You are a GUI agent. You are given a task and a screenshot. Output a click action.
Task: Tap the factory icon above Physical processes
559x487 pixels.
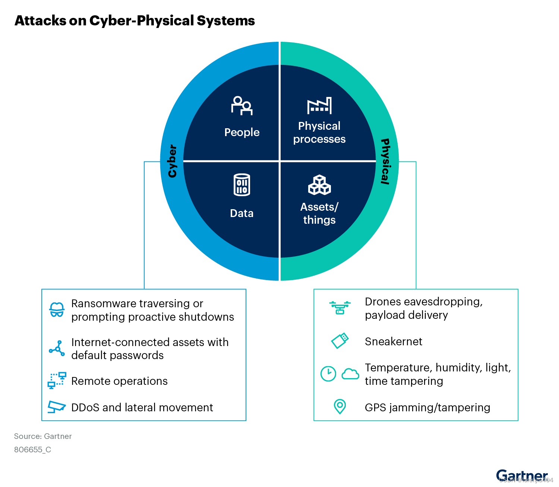pyautogui.click(x=319, y=106)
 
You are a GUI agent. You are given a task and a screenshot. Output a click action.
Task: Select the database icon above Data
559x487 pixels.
pyautogui.click(x=242, y=185)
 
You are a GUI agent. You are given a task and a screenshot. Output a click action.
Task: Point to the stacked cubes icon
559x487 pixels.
pyautogui.click(x=319, y=185)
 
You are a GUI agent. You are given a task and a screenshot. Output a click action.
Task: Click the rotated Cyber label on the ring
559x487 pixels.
pyautogui.click(x=172, y=161)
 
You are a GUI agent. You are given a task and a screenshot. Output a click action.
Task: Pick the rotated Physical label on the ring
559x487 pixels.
pyautogui.click(x=385, y=161)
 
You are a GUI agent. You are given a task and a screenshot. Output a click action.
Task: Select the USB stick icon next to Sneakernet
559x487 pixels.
pyautogui.click(x=340, y=341)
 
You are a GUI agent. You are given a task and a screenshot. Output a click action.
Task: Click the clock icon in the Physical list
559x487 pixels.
pyautogui.click(x=328, y=374)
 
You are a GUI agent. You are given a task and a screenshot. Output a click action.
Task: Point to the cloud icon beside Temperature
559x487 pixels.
pyautogui.click(x=350, y=374)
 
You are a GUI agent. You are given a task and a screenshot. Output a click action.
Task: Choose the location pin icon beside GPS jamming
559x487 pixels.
pyautogui.click(x=339, y=406)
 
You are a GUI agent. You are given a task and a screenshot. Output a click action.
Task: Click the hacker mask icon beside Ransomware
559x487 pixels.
pyautogui.click(x=57, y=310)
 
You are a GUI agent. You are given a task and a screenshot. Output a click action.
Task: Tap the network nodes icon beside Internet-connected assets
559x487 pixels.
pyautogui.click(x=57, y=348)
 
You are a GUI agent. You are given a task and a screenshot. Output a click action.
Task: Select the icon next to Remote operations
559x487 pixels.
pyautogui.click(x=57, y=380)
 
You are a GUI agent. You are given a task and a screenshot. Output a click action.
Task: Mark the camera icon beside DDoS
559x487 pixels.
pyautogui.click(x=57, y=406)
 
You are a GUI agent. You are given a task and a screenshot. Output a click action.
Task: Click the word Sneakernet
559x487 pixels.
pyautogui.click(x=394, y=342)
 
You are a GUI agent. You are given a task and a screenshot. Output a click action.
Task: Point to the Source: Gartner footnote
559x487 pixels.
pyautogui.click(x=43, y=436)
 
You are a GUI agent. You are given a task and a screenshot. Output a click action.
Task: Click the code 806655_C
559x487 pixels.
pyautogui.click(x=33, y=450)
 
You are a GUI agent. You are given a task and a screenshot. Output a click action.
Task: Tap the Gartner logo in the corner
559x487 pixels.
pyautogui.click(x=522, y=475)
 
